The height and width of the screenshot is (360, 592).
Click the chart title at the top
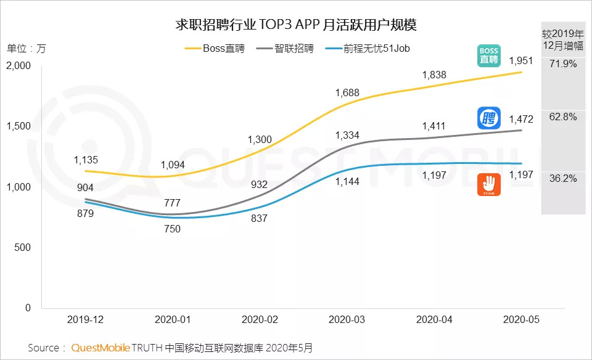(297, 25)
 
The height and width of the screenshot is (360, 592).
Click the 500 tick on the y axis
(23, 248)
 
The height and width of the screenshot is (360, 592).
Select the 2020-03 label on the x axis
(347, 319)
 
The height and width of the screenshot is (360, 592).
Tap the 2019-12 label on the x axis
(84, 319)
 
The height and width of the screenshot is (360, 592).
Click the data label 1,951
(522, 60)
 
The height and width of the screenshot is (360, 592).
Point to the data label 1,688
(347, 93)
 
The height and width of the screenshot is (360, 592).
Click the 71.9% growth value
(563, 63)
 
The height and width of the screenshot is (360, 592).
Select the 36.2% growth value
(563, 179)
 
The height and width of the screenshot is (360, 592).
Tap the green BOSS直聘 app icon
(489, 55)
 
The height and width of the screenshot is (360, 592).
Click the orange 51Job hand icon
(489, 185)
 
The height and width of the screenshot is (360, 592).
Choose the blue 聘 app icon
(489, 118)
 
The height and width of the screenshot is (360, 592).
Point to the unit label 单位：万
(26, 48)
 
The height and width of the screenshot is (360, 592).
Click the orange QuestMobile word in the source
(101, 348)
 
